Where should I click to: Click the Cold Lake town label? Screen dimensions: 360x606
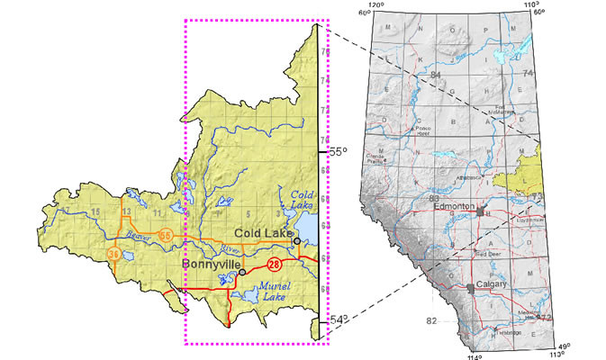tap(261, 233)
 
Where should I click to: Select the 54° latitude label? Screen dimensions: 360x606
tap(334, 321)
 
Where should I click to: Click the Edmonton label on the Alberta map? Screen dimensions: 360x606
tap(454, 206)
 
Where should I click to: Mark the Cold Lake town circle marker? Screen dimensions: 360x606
tap(296, 241)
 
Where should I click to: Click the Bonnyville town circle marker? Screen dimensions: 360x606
tap(241, 272)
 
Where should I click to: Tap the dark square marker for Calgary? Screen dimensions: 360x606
tap(470, 286)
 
